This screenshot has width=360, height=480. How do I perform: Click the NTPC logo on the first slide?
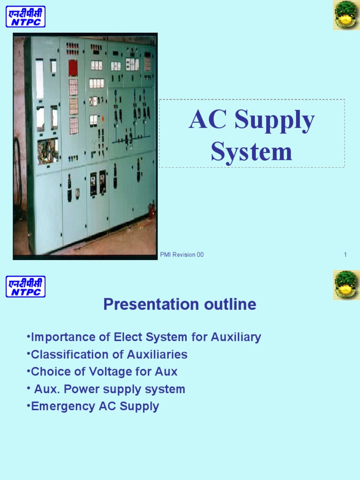pos(25,16)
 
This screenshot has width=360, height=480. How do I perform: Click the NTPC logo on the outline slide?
pos(25,286)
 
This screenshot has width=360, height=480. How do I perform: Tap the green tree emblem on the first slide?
pos(346,15)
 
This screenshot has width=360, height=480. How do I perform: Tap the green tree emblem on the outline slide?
pos(346,285)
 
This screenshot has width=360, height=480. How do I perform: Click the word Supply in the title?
pos(275,121)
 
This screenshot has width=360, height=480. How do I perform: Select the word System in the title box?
pos(251,151)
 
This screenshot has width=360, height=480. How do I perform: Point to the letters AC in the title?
pos(208,121)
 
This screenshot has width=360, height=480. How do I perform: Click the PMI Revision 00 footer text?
pos(182,255)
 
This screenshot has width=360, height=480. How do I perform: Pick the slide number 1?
pos(345,255)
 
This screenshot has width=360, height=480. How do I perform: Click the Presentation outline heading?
pos(180,305)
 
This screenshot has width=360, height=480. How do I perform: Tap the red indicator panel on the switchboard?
pos(73,67)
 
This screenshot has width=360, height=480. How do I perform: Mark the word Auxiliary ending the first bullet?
pos(236,337)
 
